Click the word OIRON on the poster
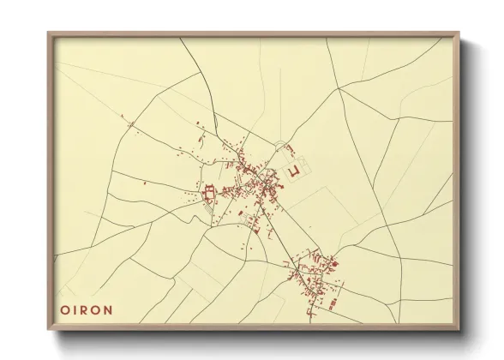click(x=87, y=309)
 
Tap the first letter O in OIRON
click(x=64, y=309)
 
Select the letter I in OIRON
click(x=75, y=309)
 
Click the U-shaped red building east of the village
click(x=295, y=171)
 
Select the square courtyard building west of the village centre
click(x=208, y=195)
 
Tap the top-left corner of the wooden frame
click(x=49, y=34)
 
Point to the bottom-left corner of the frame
click(x=49, y=329)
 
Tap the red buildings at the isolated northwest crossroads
click(x=131, y=126)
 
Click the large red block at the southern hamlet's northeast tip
click(x=333, y=263)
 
